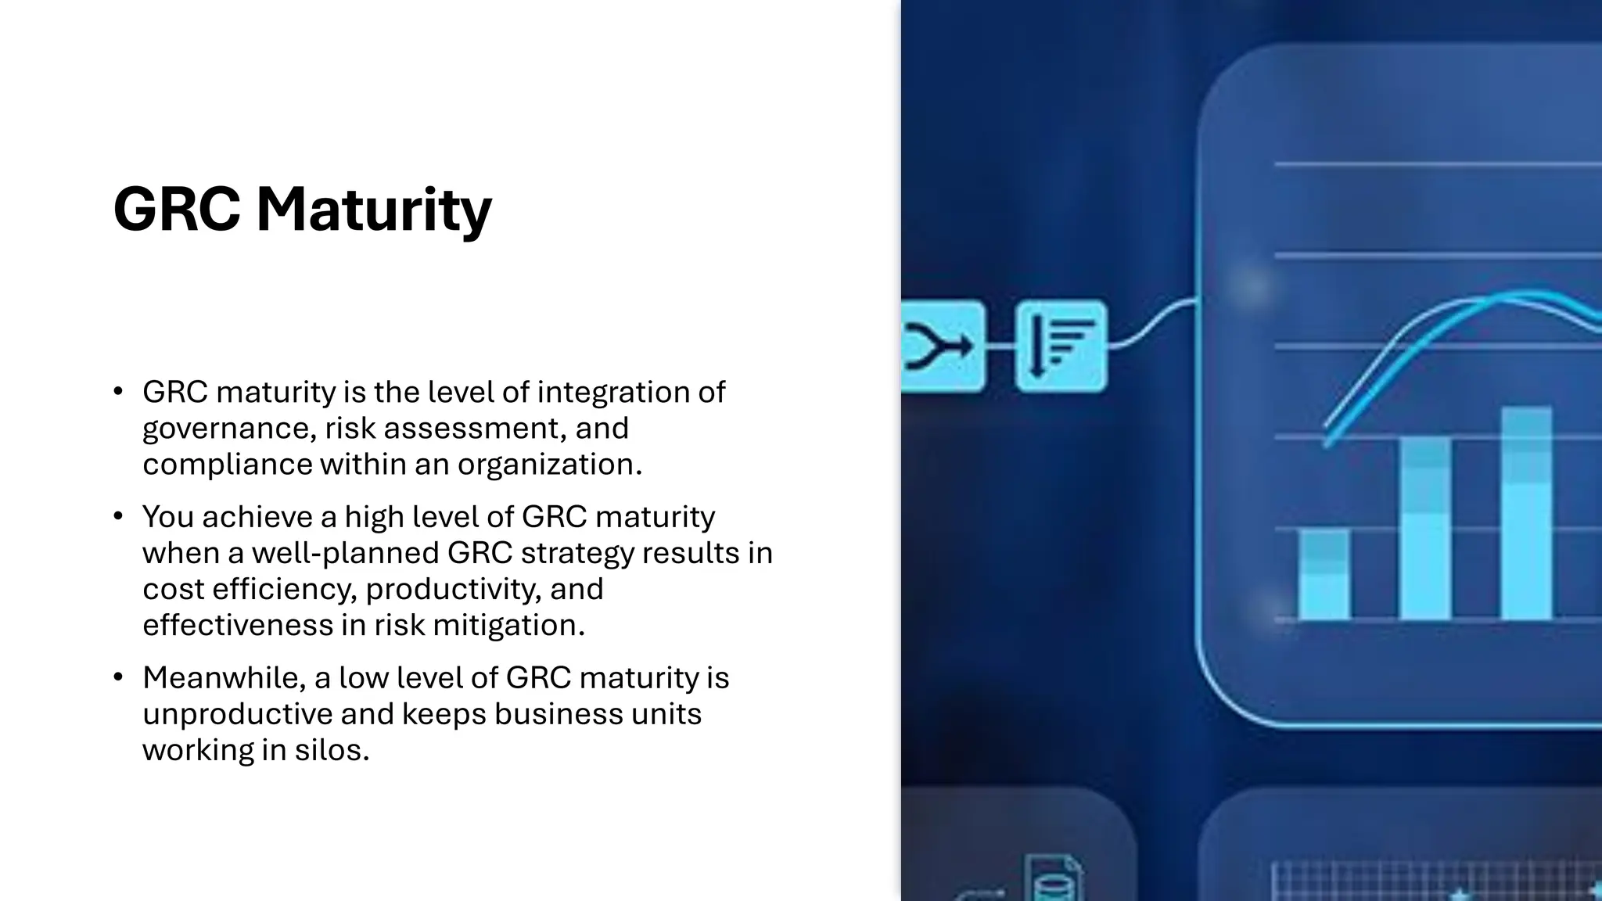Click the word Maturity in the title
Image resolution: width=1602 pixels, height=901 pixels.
374,209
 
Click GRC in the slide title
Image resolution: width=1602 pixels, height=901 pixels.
176,209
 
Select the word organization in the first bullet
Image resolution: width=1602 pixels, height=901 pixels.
549,465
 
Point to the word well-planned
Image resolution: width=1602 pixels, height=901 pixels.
345,553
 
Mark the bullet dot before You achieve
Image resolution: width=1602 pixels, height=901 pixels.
118,516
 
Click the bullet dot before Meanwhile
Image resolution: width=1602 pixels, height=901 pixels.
118,677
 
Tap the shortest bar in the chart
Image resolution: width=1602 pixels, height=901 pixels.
1324,575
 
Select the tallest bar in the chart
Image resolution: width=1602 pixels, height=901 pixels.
1526,513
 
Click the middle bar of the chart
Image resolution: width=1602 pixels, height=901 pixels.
1424,529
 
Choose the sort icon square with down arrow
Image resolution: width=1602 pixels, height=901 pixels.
1061,346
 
